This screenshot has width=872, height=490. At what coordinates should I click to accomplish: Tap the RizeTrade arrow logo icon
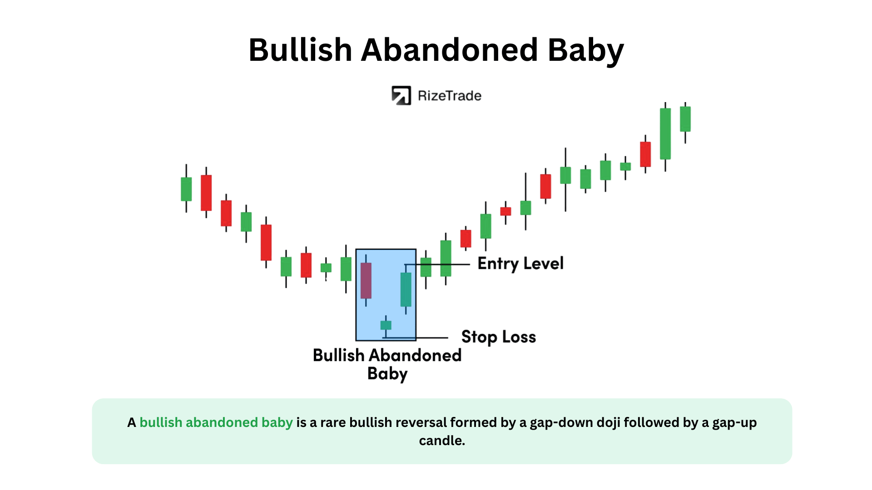tap(401, 96)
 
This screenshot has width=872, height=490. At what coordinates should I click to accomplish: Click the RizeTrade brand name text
tap(449, 96)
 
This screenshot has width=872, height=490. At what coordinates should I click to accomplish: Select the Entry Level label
tap(520, 264)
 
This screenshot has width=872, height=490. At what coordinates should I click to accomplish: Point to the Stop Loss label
tap(499, 337)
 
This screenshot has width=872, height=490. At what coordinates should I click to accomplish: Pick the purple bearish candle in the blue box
tap(366, 280)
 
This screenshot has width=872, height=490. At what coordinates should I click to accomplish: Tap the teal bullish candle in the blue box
tap(406, 289)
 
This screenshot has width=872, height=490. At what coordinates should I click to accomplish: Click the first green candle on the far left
tap(186, 189)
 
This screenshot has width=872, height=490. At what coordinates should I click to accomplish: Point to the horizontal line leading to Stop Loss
tap(415, 338)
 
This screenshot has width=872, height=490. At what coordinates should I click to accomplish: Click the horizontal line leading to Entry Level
tap(437, 265)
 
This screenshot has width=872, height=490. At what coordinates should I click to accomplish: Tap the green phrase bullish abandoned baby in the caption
tap(216, 423)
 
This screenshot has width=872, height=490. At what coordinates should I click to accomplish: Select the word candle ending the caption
tap(442, 441)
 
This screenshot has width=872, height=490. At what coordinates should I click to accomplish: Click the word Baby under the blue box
tap(387, 374)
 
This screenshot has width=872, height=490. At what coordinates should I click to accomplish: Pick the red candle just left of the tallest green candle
tap(645, 154)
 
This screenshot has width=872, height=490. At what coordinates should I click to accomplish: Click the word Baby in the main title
tap(586, 51)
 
